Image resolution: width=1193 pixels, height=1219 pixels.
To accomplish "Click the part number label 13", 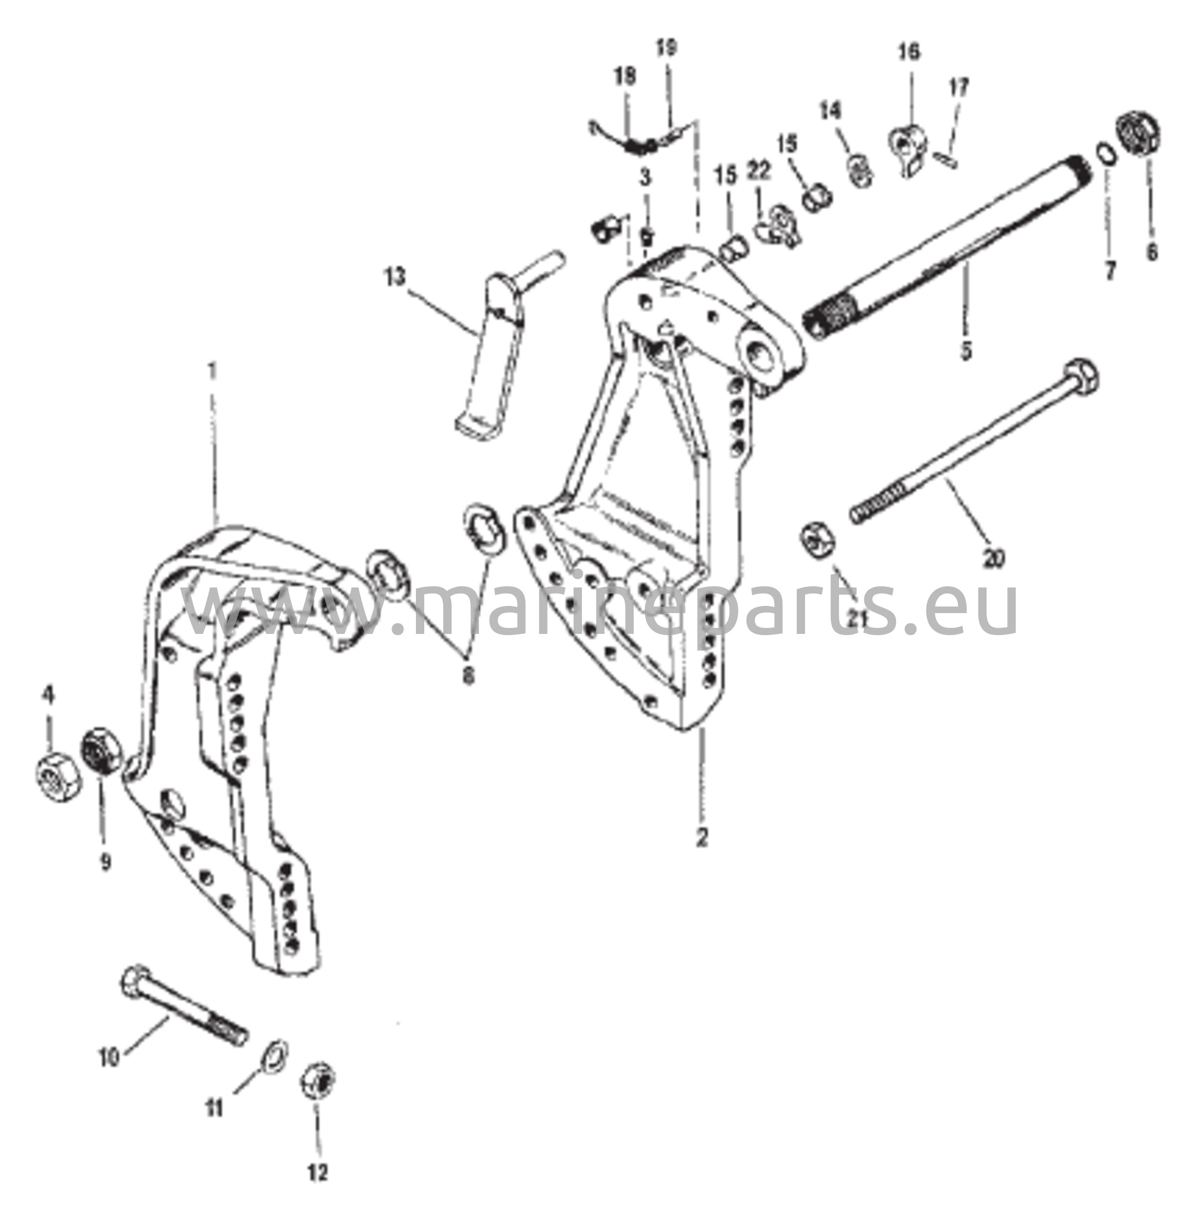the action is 395,277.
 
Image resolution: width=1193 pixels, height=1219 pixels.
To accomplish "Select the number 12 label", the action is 318,1173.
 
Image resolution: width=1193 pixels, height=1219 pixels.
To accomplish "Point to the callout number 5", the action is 966,351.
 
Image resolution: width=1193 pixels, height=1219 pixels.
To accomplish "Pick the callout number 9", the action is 105,862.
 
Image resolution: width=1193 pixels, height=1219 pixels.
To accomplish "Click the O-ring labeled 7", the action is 1106,154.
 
